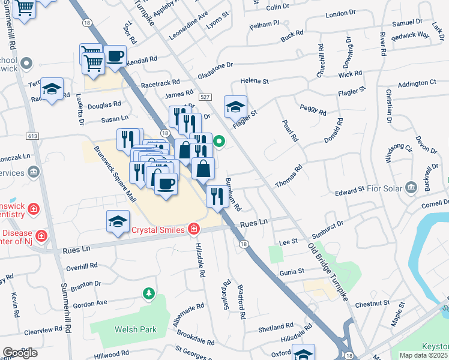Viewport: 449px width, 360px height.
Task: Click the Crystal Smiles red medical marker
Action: coord(193,229)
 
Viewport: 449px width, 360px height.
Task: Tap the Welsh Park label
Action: coord(136,329)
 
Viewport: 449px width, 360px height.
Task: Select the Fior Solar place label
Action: coord(384,188)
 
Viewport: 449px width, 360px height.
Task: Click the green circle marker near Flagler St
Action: coord(220,142)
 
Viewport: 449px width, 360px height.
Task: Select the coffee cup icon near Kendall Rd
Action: coord(115,56)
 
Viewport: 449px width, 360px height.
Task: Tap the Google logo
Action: coord(20,353)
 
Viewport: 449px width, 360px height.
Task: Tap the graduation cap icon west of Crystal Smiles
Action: coord(118,221)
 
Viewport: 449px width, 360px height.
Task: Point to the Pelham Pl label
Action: coord(265,25)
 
